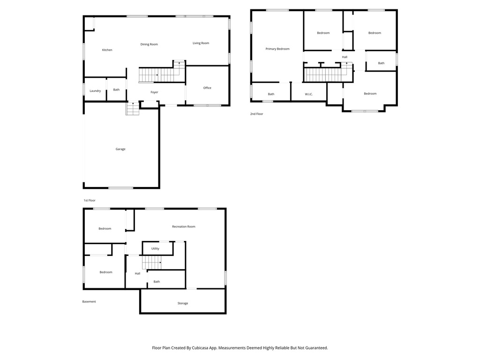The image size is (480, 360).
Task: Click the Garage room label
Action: (120, 149)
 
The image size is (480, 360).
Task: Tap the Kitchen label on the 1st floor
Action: (107, 50)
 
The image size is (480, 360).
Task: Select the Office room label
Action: (207, 88)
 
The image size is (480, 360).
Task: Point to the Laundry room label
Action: (95, 90)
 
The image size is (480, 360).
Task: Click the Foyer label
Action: (154, 92)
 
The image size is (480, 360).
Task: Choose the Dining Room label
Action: (149, 45)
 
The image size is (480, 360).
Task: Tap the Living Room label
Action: (201, 43)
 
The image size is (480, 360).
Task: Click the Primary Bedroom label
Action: (277, 49)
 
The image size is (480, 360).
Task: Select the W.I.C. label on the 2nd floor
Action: (308, 94)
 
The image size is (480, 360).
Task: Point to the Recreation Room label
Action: (184, 226)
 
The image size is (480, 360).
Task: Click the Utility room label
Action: (155, 248)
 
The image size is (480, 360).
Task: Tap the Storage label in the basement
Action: (183, 303)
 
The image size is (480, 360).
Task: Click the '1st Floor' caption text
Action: (90, 200)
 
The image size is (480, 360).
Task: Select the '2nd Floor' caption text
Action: (256, 114)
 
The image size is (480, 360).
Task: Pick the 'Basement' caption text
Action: (89, 301)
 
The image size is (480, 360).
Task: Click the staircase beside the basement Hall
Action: (152, 262)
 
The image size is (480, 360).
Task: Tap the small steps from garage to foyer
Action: (133, 109)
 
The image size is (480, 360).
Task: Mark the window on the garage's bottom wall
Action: (121, 188)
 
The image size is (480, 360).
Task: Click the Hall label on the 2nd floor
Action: (345, 57)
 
